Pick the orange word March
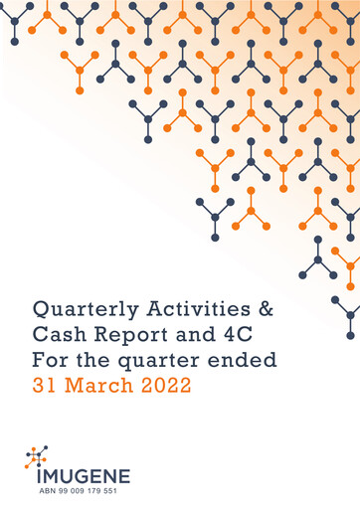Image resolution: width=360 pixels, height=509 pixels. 98,382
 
